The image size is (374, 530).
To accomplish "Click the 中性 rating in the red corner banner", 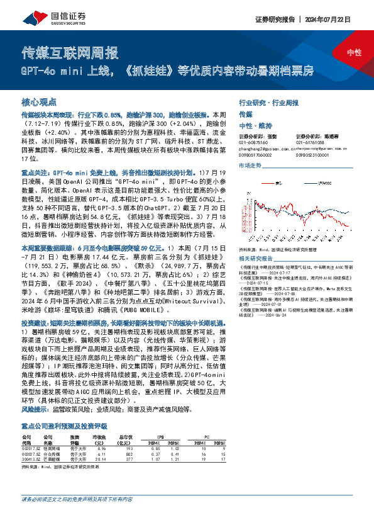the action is point(354,52).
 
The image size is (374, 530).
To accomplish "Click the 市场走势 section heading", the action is point(250,165).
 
